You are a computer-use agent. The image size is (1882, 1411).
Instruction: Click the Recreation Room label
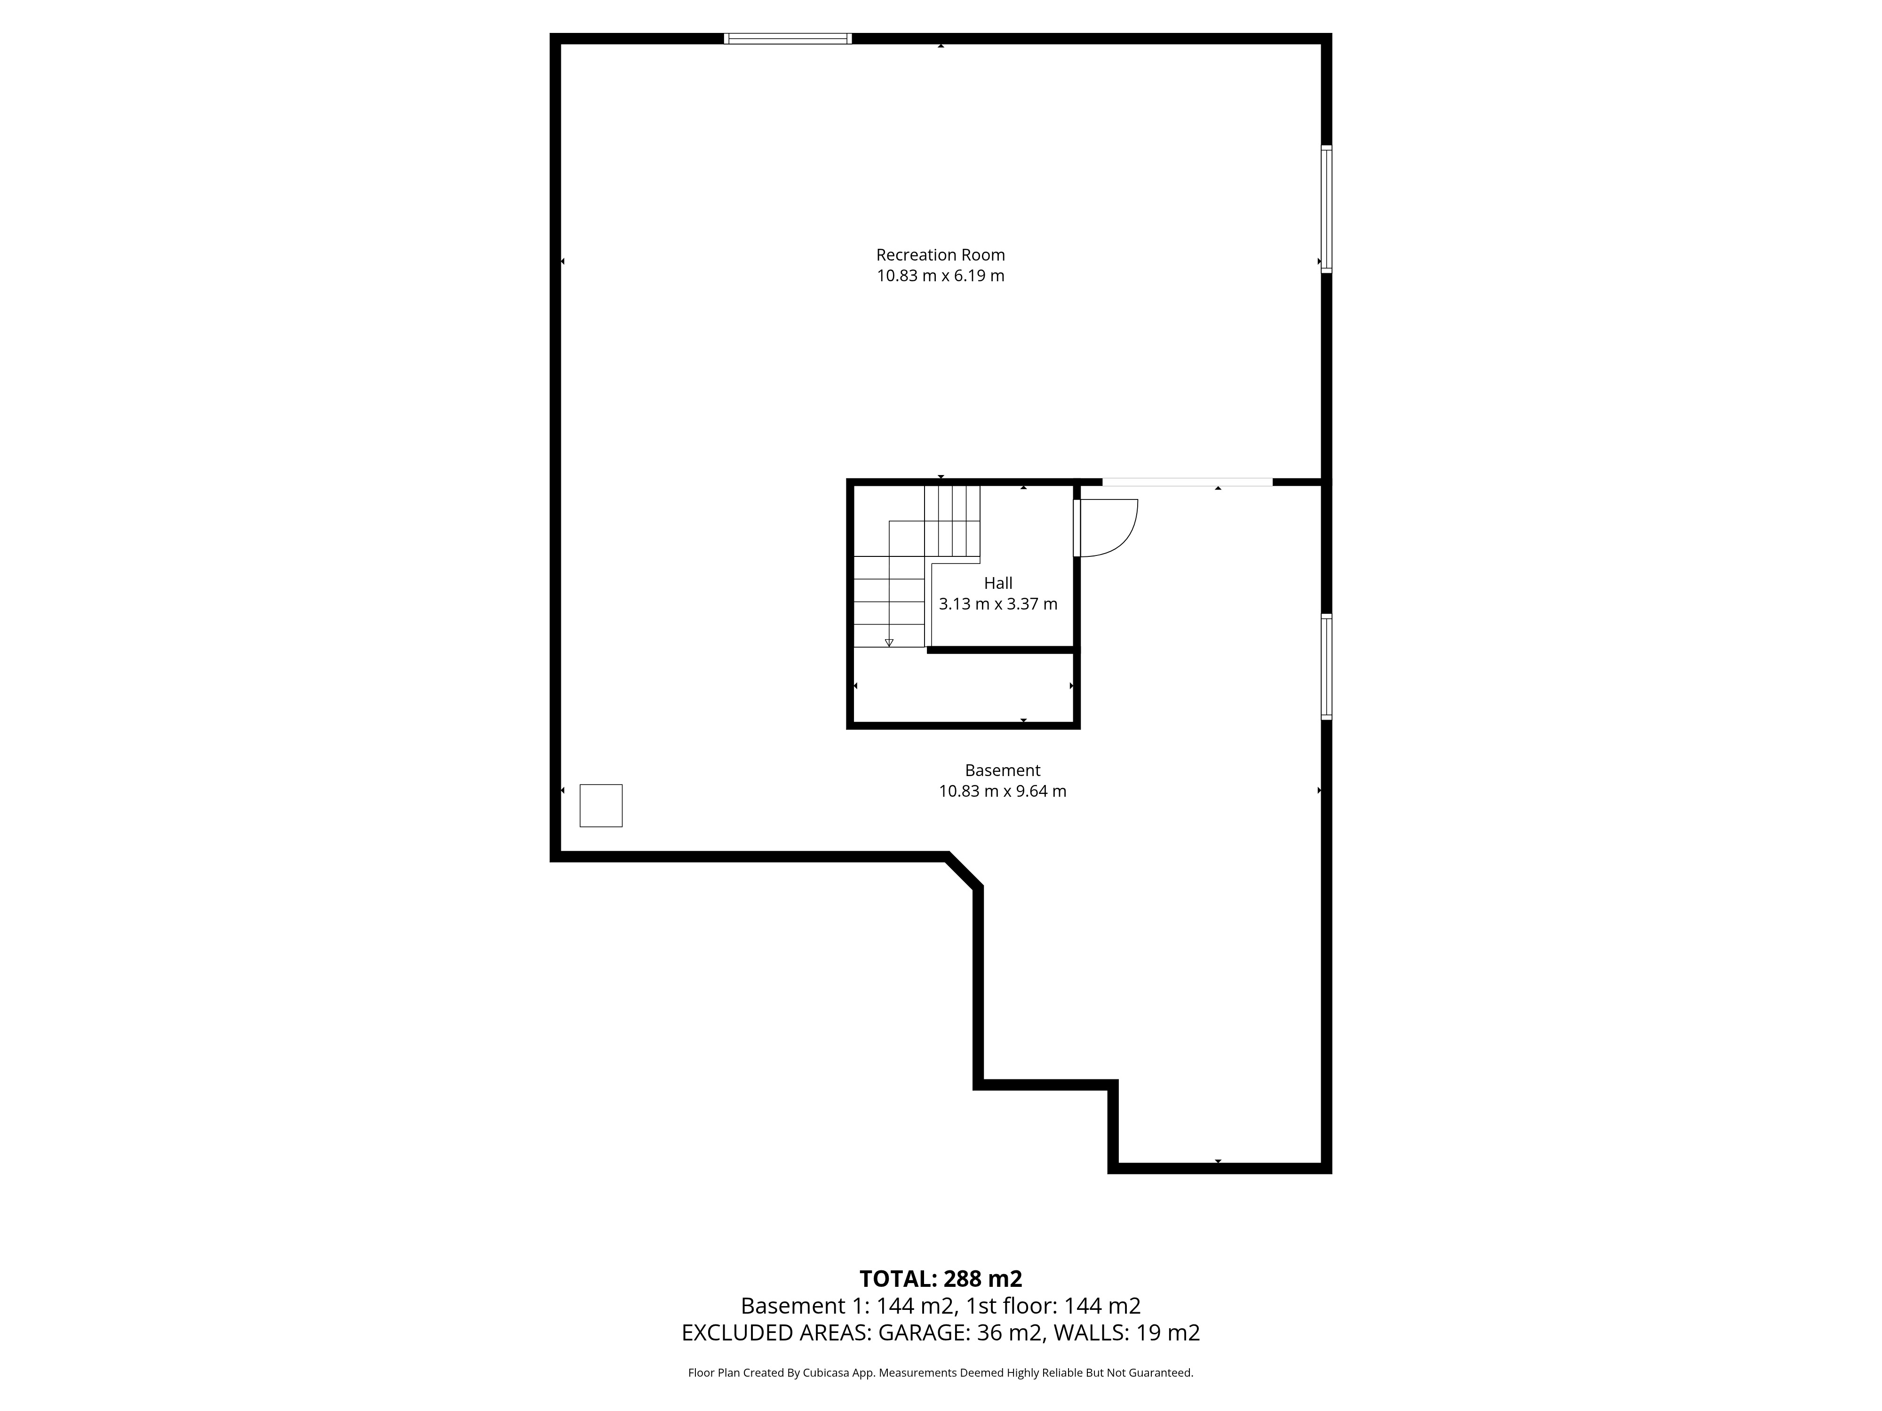click(x=940, y=254)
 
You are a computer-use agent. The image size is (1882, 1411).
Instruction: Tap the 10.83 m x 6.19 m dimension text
click(x=940, y=276)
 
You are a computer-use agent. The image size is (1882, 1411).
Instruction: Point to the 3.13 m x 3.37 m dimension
click(x=998, y=604)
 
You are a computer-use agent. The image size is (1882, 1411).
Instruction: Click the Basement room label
click(x=1002, y=770)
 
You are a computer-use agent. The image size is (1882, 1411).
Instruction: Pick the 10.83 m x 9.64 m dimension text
click(x=1002, y=791)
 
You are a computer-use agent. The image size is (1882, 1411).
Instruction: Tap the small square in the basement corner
click(x=601, y=805)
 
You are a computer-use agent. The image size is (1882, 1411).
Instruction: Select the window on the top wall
click(x=788, y=38)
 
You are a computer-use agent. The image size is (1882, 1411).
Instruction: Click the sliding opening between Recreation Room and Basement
click(x=1188, y=482)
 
